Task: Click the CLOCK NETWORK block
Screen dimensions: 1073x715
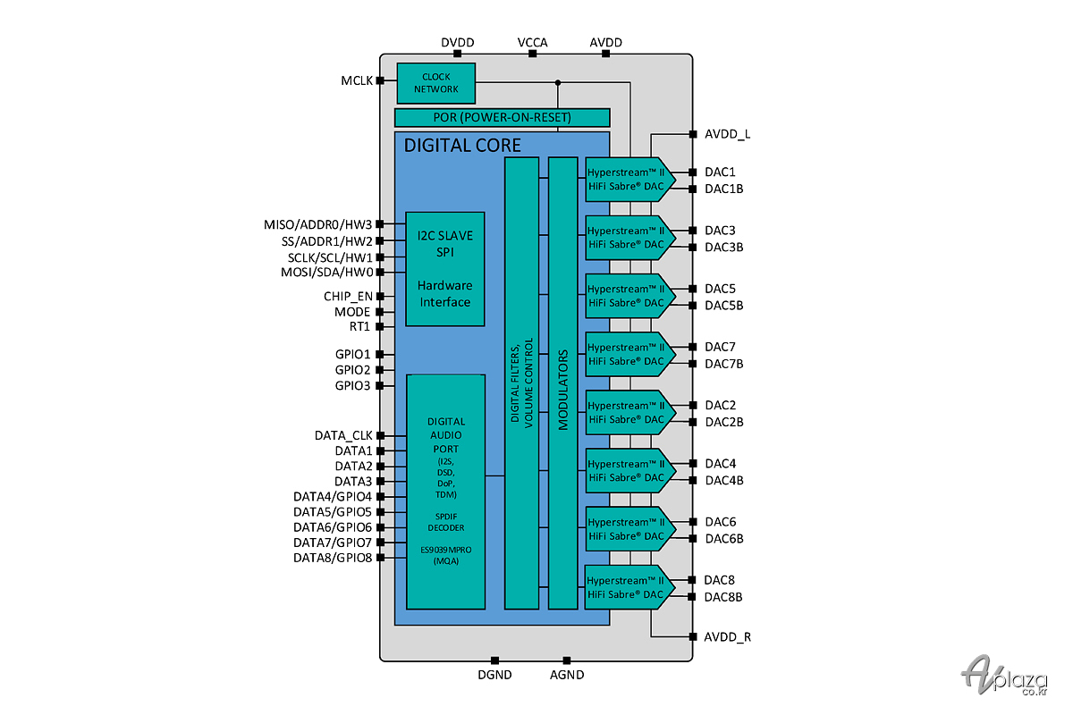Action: pos(436,83)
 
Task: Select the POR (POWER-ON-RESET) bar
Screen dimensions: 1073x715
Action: pos(502,118)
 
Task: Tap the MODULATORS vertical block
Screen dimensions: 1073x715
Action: pos(562,383)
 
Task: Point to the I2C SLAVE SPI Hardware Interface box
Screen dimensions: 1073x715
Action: pos(445,269)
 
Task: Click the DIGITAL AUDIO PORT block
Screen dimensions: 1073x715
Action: pos(445,492)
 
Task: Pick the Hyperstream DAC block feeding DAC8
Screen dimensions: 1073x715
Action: pos(629,587)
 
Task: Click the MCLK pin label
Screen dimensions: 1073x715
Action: pos(357,81)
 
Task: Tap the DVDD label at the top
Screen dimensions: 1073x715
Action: pos(458,43)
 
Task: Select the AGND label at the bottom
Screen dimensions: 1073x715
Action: pos(567,675)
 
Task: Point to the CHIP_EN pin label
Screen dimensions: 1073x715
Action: pos(348,297)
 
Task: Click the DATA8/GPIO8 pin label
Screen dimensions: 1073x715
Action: pos(333,558)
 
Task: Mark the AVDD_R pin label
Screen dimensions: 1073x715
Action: pos(727,637)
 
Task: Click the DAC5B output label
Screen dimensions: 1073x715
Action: pos(723,306)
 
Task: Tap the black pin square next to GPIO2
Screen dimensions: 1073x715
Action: pos(379,370)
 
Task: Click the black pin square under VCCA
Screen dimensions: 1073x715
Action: pos(532,54)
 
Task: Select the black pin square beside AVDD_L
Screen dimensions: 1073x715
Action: pos(693,134)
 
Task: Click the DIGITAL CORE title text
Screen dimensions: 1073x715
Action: pos(462,145)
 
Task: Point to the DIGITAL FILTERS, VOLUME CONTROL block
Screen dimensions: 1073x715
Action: pos(521,383)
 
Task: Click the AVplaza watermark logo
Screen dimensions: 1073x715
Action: pos(1004,676)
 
